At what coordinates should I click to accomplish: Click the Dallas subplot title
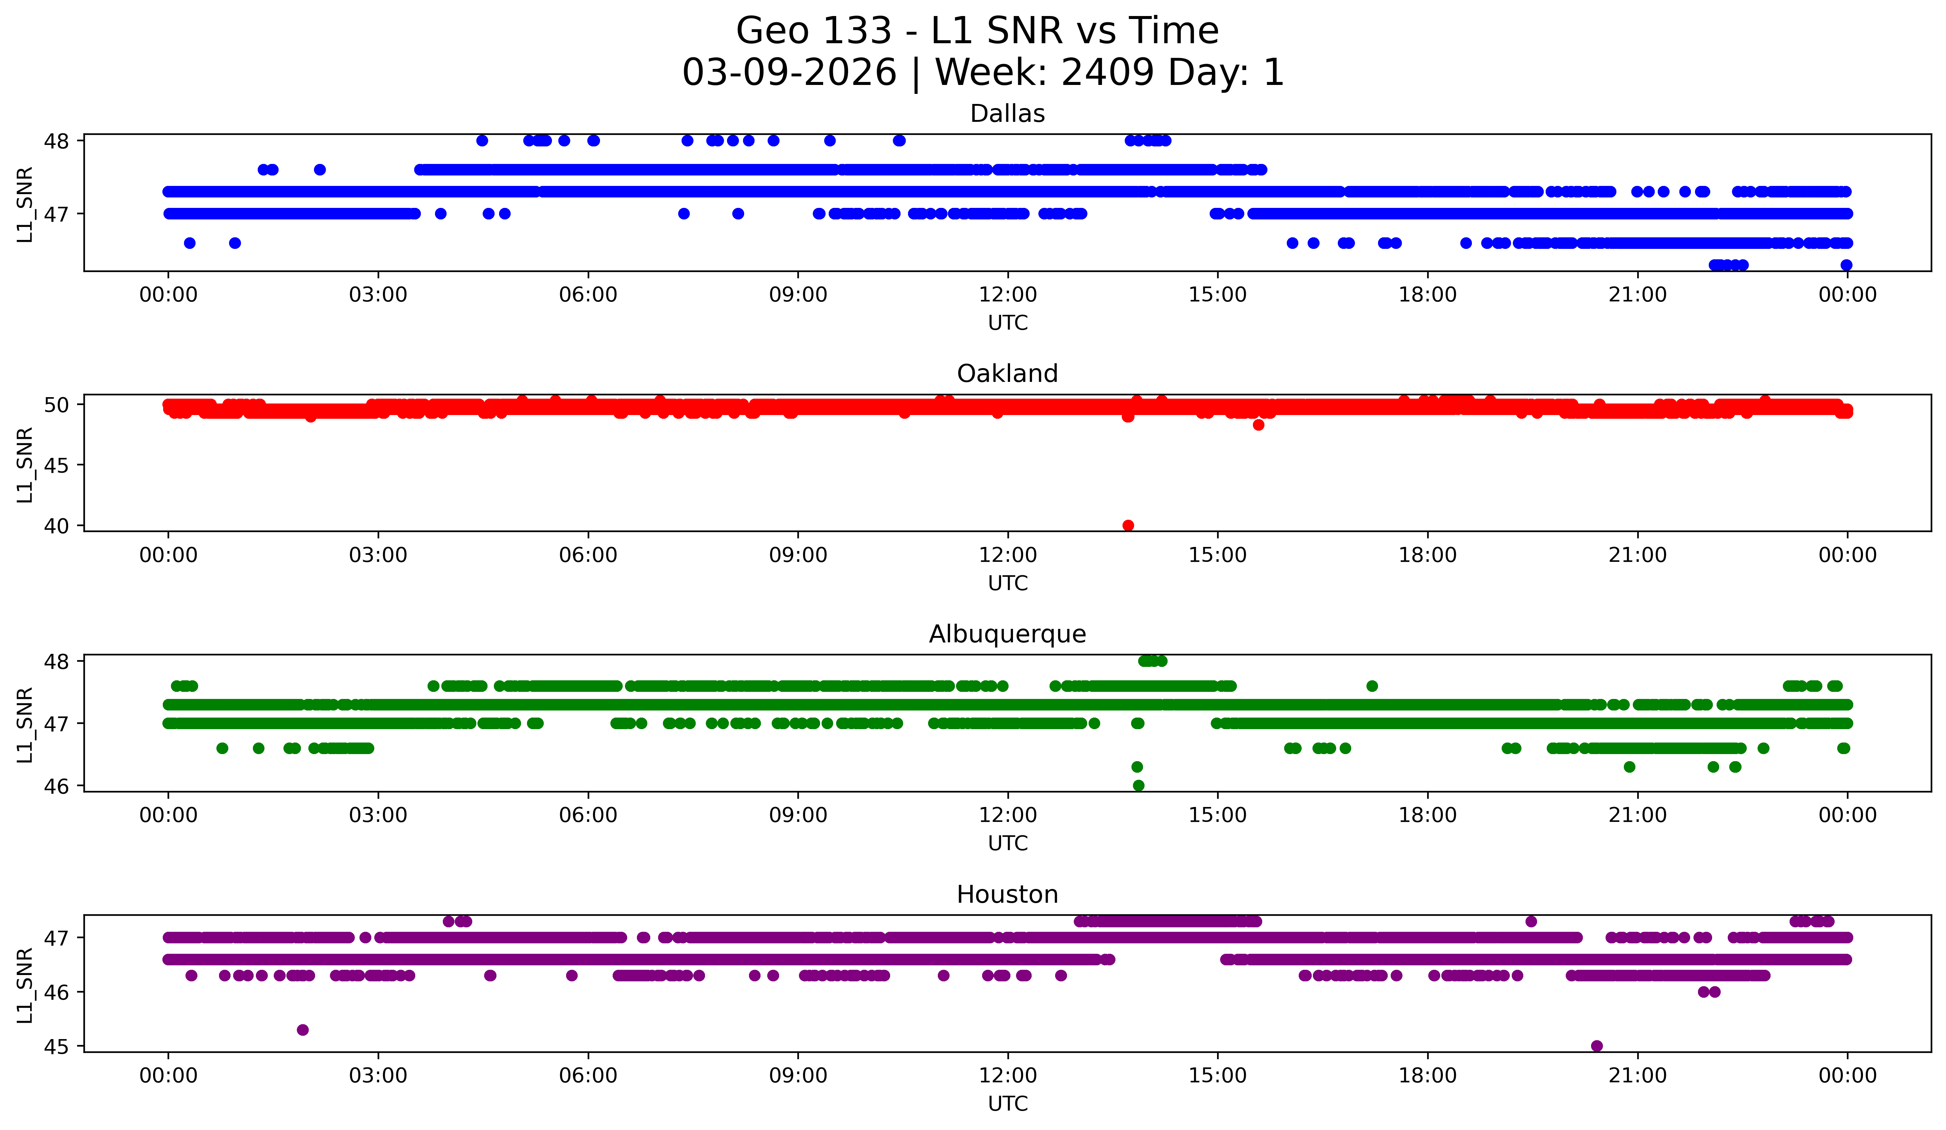click(1007, 114)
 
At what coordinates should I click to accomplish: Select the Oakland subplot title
click(1007, 374)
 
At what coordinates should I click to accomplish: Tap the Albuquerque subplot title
click(1007, 634)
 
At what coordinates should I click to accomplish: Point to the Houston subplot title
click(1007, 895)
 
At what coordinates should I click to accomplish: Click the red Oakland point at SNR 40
click(1128, 525)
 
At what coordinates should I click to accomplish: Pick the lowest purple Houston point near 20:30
click(1597, 1046)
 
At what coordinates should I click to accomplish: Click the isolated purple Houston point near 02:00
click(303, 1029)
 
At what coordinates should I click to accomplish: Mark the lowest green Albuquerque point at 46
click(1138, 785)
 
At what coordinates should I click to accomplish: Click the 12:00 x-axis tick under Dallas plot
click(1008, 295)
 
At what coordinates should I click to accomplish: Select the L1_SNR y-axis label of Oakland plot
click(25, 465)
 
